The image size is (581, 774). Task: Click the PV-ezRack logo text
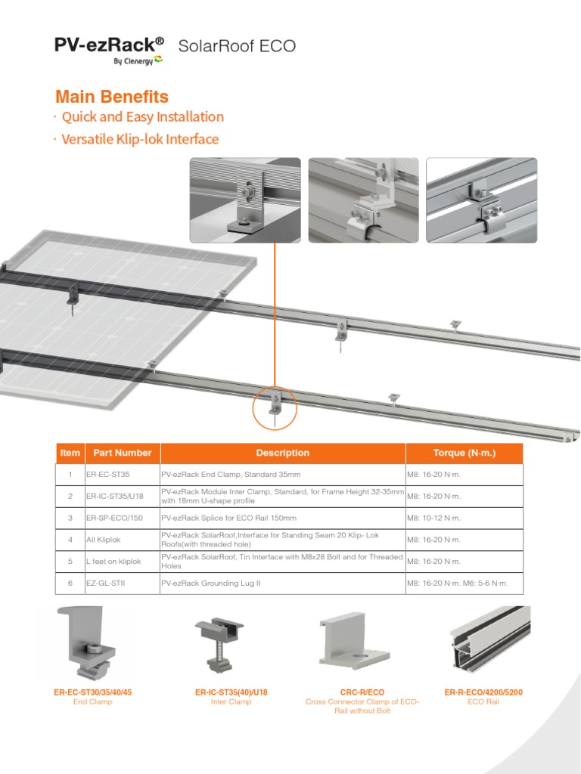109,45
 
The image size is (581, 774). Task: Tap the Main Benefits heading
112,97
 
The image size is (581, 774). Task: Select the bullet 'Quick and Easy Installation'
142,117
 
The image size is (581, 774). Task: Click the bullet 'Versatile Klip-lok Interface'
140,139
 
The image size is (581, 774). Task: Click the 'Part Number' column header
122,453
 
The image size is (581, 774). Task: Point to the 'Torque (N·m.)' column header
464,453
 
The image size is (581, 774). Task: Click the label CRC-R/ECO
362,692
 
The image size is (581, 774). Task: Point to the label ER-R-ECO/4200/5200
484,692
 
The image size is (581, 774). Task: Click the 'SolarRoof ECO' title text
237,47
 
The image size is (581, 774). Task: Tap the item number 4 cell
70,540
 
